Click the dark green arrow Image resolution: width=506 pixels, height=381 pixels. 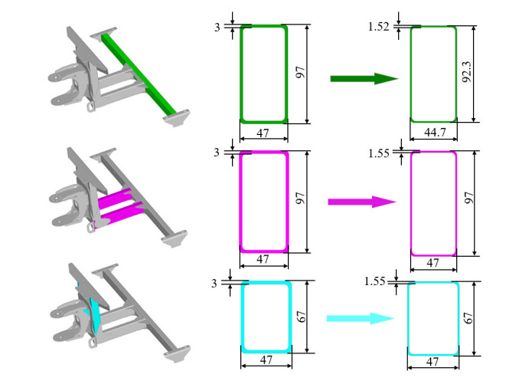(364, 78)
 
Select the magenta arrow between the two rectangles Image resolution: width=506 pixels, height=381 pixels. (362, 202)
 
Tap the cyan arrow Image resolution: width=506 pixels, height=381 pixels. (360, 318)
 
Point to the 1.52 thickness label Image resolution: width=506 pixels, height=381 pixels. (378, 27)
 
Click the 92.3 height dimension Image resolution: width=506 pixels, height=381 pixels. (467, 72)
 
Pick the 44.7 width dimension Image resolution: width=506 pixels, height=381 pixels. (435, 132)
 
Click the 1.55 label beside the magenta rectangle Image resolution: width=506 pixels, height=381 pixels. (379, 153)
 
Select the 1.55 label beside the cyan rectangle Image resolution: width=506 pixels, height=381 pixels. (375, 281)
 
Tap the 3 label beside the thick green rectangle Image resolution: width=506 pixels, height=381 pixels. (217, 27)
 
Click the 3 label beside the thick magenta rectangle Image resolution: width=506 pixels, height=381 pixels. (217, 153)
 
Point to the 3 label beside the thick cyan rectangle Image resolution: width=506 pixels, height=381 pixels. (214, 284)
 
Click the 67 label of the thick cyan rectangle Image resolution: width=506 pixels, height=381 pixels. (301, 317)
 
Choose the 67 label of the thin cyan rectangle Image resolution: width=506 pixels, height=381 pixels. (468, 318)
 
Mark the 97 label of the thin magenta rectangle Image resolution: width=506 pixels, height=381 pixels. (468, 198)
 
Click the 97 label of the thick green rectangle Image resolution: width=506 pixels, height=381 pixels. (300, 72)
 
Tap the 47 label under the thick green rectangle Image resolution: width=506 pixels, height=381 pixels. (263, 133)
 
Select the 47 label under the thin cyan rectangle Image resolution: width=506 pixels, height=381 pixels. (433, 361)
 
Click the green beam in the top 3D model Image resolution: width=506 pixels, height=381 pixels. (139, 74)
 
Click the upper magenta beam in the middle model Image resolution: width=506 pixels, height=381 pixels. (115, 198)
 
